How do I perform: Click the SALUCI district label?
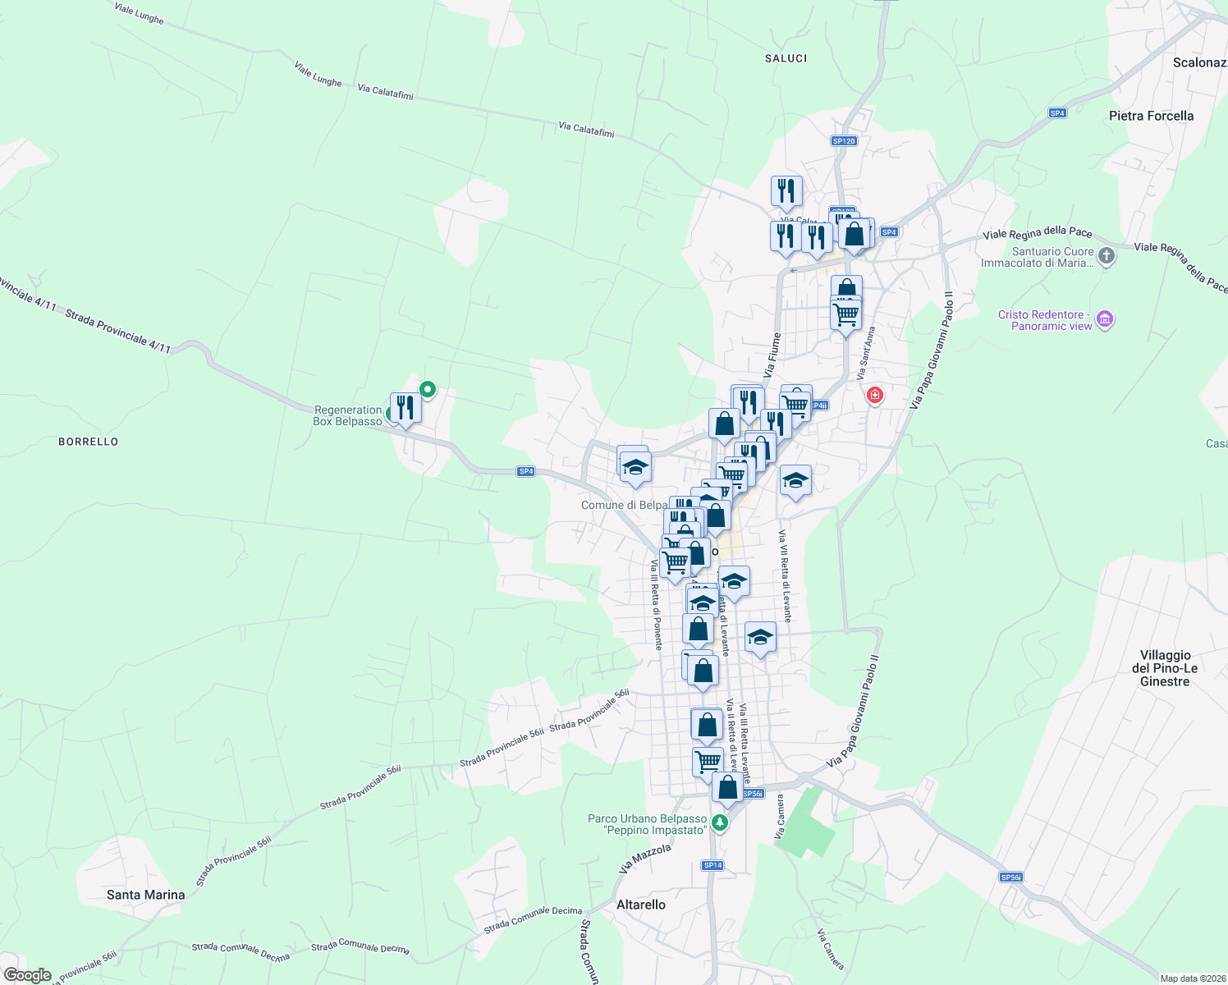(786, 58)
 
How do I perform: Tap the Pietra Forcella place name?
(1151, 116)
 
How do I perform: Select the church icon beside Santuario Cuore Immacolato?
(1107, 256)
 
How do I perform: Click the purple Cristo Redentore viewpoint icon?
(1105, 319)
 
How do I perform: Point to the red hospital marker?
(875, 396)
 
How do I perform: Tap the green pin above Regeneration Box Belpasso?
(427, 389)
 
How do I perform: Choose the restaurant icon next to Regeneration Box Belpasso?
(406, 407)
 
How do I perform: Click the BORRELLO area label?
(89, 442)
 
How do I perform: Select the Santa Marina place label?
(146, 895)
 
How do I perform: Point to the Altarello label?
(641, 905)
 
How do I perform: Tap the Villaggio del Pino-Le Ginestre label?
(1165, 668)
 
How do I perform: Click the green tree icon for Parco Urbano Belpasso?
(720, 822)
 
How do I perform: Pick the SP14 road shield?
(713, 865)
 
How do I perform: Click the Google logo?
(28, 975)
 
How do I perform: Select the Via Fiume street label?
(772, 355)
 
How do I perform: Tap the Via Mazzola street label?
(644, 859)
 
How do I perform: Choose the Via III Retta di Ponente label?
(657, 605)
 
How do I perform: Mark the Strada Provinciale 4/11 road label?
(117, 331)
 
